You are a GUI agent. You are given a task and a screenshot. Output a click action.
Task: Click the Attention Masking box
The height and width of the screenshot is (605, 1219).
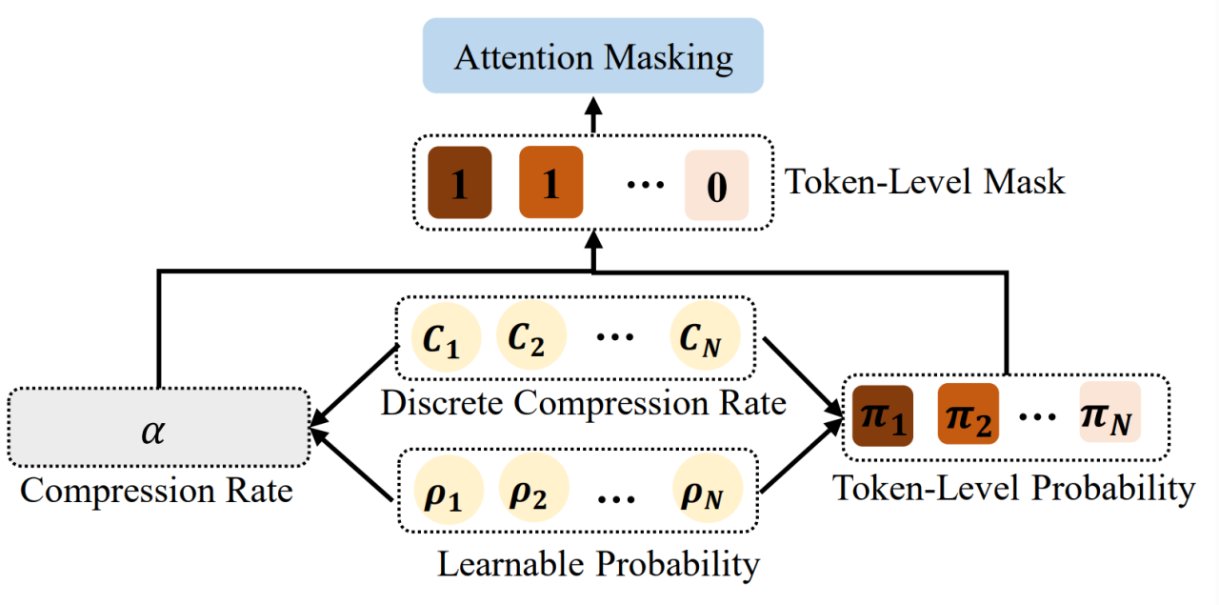[x=593, y=56]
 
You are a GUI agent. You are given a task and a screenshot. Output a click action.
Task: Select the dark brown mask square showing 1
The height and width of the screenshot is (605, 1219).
[x=459, y=183]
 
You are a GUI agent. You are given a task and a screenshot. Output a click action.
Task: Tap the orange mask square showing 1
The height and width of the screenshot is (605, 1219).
[x=550, y=183]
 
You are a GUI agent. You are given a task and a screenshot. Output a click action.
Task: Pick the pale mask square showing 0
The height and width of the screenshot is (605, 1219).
[x=716, y=185]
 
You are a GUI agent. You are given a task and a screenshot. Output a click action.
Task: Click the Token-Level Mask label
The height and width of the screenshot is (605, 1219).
[x=924, y=182]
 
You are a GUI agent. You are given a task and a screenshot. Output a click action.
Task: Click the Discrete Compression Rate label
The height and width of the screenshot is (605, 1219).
[x=583, y=403]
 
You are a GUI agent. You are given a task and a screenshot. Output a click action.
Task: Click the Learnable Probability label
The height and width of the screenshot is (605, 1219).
[x=598, y=564]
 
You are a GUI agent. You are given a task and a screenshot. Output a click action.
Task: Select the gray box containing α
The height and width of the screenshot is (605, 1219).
[x=158, y=426]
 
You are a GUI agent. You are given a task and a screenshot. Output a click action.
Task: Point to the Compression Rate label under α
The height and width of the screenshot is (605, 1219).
[x=156, y=492]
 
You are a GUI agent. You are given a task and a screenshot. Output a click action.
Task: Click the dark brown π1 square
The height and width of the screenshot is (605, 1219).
[x=883, y=414]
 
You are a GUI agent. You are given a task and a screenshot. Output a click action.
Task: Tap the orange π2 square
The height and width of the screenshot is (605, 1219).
[x=968, y=414]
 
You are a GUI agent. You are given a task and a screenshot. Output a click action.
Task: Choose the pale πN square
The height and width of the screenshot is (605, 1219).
[x=1109, y=414]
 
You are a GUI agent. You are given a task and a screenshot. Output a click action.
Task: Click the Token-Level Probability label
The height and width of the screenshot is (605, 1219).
[x=1013, y=488]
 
